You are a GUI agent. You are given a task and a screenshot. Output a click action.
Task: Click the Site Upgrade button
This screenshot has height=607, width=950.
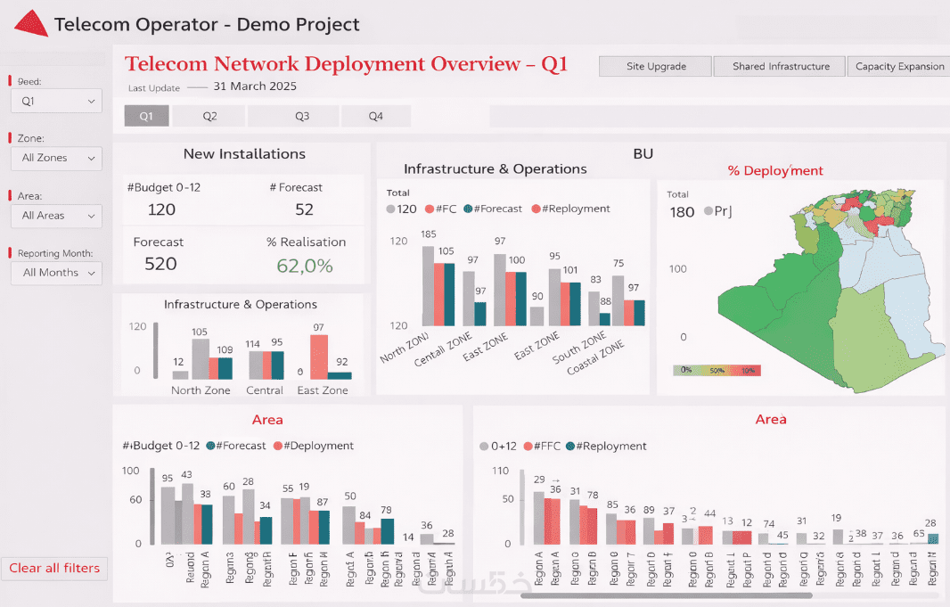click(656, 67)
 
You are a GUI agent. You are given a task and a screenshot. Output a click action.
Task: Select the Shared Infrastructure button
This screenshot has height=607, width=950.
click(781, 67)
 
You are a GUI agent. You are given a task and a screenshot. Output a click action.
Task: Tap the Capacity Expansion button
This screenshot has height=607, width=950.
click(899, 67)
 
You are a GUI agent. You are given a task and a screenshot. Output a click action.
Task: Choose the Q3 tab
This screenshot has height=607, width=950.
click(302, 116)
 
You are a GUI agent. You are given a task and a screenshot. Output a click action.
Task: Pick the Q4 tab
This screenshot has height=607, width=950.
click(376, 116)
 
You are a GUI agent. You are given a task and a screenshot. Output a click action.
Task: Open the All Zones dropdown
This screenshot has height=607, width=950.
click(57, 158)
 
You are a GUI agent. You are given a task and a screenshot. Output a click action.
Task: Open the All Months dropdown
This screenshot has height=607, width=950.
click(57, 273)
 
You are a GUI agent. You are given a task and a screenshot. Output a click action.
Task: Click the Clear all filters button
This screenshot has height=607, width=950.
click(55, 569)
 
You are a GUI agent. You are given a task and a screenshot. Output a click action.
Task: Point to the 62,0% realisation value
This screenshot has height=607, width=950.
click(304, 265)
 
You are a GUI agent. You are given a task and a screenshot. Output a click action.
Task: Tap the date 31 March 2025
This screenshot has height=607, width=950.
click(255, 86)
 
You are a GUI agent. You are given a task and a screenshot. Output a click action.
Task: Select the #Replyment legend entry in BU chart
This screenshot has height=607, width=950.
click(571, 209)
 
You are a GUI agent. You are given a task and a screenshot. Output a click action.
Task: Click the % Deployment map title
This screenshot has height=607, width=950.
click(775, 170)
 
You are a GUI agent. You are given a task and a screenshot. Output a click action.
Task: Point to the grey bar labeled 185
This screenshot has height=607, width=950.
click(428, 286)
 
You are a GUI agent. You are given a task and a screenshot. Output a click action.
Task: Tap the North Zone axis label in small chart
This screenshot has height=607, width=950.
click(201, 390)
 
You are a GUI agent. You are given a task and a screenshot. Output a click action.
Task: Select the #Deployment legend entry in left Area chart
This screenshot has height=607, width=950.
click(314, 446)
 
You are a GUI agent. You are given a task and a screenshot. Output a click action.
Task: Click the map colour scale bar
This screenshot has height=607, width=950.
click(717, 369)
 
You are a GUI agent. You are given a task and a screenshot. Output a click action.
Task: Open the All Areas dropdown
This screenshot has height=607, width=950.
click(57, 216)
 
